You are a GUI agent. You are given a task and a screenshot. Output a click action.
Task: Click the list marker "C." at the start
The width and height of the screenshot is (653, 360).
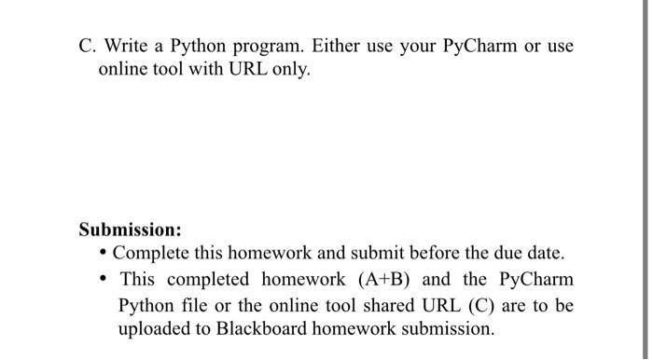click(89, 45)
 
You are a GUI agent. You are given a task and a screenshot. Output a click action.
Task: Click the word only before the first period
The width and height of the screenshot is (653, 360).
click(284, 72)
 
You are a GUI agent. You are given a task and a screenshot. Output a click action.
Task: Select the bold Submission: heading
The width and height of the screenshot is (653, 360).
click(130, 229)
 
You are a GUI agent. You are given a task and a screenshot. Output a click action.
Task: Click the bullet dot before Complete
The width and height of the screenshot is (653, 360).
click(104, 255)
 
